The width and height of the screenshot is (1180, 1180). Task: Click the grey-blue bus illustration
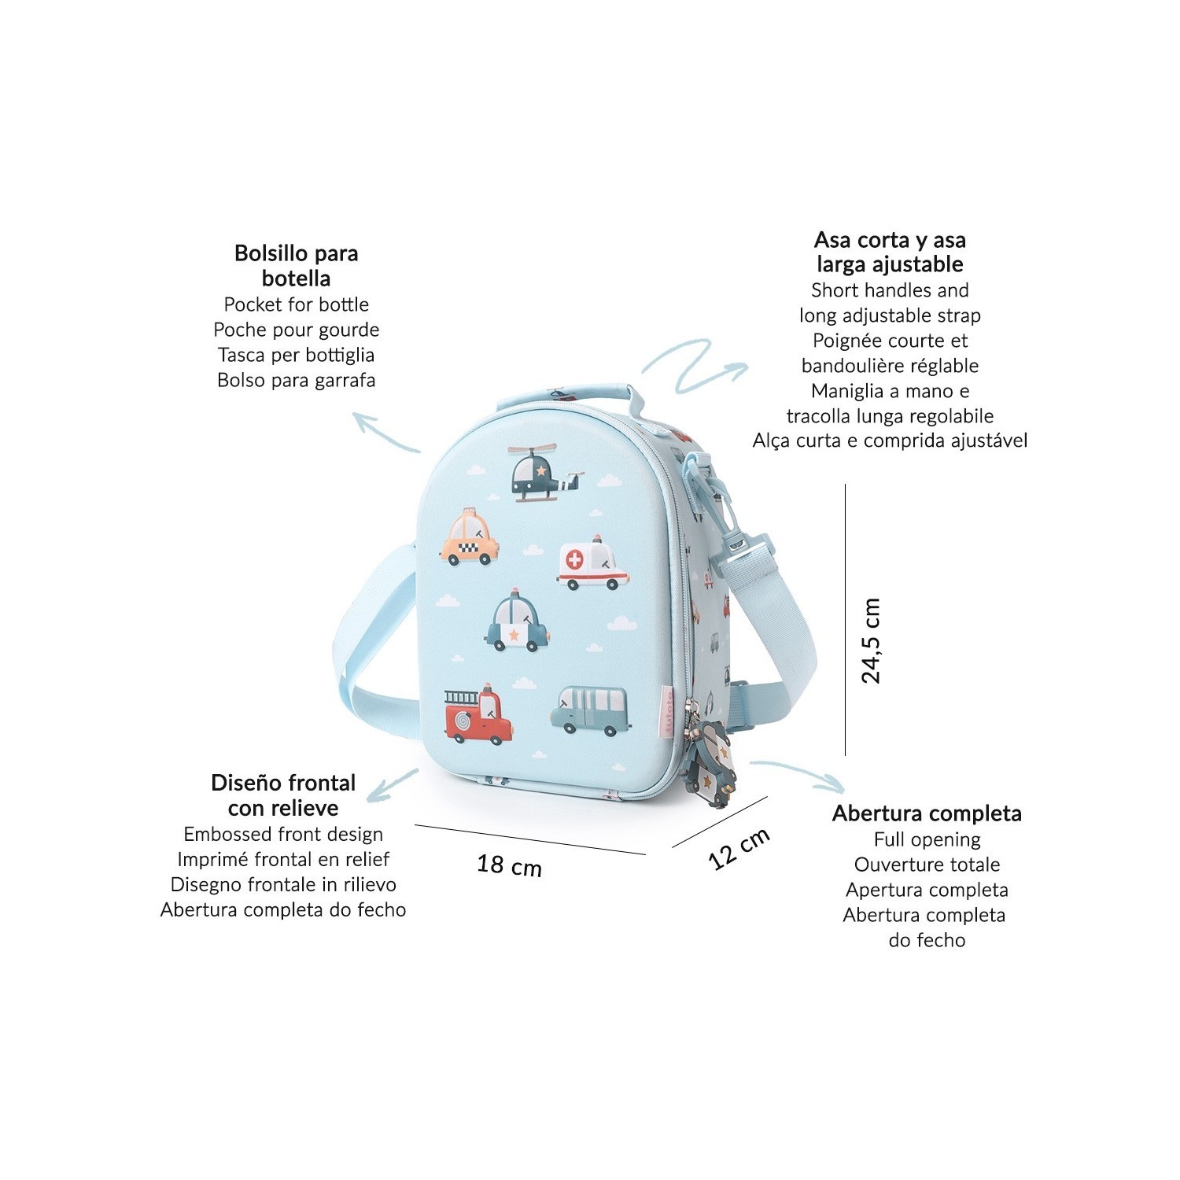click(590, 710)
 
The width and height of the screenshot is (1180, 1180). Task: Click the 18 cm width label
click(509, 865)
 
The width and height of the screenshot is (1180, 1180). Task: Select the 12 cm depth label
click(739, 849)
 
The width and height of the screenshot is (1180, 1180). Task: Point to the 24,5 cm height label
click(871, 640)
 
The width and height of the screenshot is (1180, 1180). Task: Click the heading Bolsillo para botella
click(297, 265)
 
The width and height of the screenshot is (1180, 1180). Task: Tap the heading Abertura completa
click(927, 813)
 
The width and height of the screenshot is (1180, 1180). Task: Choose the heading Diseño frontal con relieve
click(283, 795)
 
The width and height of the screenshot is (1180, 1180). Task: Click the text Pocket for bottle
click(297, 304)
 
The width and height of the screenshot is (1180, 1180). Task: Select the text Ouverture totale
click(927, 865)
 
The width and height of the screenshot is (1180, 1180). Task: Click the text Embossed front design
click(283, 834)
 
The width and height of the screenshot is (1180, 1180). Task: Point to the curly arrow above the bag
click(692, 364)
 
